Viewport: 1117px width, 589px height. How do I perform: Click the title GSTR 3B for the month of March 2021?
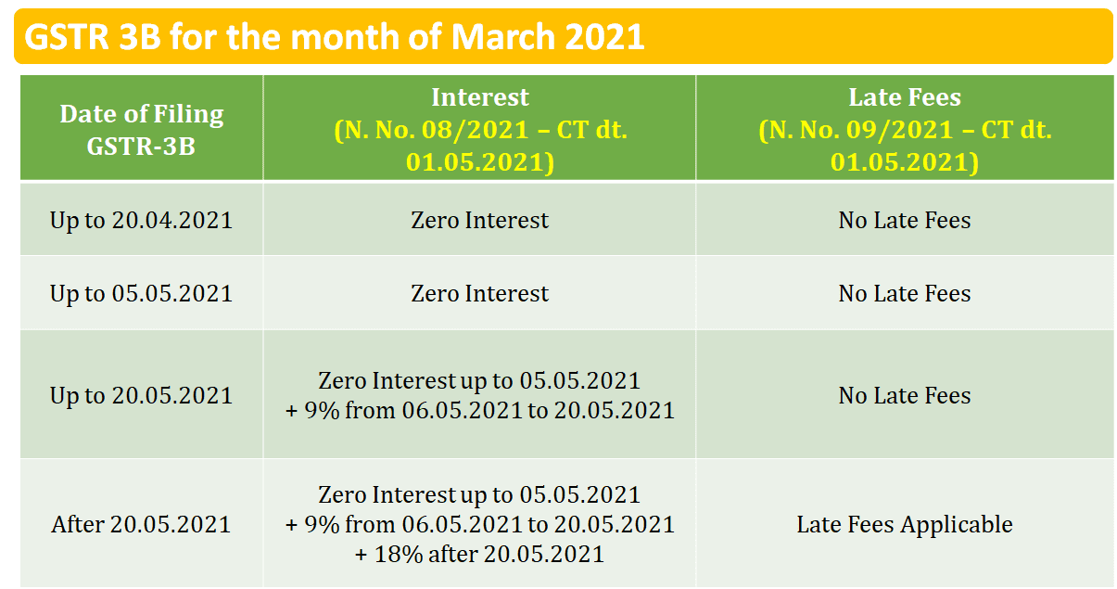(334, 37)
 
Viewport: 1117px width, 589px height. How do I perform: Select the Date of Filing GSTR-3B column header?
(142, 130)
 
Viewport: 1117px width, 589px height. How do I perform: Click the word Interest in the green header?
(480, 96)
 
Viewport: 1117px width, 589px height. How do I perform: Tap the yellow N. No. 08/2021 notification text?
(480, 146)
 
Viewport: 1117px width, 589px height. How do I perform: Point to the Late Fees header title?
(905, 96)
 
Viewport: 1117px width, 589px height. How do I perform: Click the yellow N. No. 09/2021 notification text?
(905, 146)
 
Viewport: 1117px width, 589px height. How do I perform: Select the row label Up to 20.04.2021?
(141, 221)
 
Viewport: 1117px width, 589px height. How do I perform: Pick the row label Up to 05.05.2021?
(141, 293)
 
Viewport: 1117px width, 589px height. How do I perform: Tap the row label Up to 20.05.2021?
(141, 396)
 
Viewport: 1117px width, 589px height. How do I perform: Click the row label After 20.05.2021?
(141, 524)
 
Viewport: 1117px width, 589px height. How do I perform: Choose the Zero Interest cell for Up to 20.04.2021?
(480, 220)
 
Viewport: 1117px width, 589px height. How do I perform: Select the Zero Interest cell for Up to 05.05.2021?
(480, 293)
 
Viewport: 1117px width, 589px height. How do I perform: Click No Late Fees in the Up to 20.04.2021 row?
(905, 220)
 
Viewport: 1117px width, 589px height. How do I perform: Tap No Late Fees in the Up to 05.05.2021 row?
(905, 293)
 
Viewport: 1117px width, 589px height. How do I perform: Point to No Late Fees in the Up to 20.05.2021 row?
(905, 395)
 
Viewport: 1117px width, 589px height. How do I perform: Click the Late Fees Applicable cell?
(905, 525)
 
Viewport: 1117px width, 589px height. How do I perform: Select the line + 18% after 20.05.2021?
(480, 554)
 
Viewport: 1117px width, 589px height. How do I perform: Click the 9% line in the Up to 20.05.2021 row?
(480, 410)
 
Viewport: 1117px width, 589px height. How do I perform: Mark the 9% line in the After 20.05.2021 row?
(480, 525)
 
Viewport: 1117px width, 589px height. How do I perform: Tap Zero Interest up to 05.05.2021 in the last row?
(480, 495)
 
